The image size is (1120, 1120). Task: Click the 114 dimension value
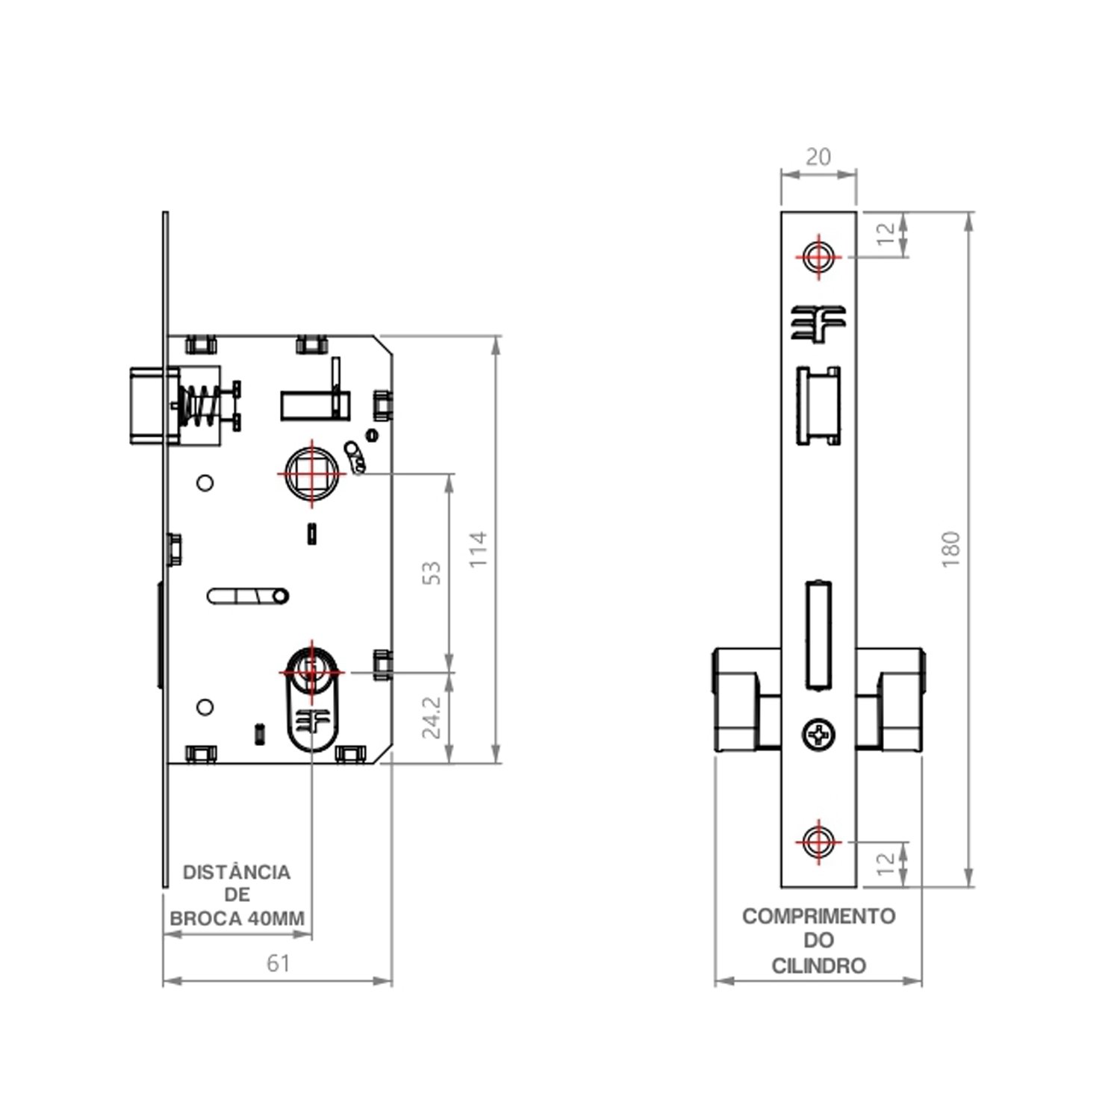[479, 550]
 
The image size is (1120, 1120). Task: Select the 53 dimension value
[432, 573]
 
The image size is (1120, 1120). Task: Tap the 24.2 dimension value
[432, 718]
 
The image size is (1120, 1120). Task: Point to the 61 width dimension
[278, 963]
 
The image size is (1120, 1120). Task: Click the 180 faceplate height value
[951, 550]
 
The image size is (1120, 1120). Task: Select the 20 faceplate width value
[818, 157]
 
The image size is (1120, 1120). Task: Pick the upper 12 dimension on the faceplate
[886, 234]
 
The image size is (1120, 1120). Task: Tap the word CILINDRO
[818, 966]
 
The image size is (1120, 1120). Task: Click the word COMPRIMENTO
[818, 916]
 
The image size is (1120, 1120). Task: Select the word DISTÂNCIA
[237, 872]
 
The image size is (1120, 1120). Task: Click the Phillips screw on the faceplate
[819, 735]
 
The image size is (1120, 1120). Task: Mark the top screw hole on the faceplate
[818, 256]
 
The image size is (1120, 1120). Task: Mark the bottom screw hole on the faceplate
[818, 841]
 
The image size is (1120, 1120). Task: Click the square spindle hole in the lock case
[312, 473]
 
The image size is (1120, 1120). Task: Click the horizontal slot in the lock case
[248, 596]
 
